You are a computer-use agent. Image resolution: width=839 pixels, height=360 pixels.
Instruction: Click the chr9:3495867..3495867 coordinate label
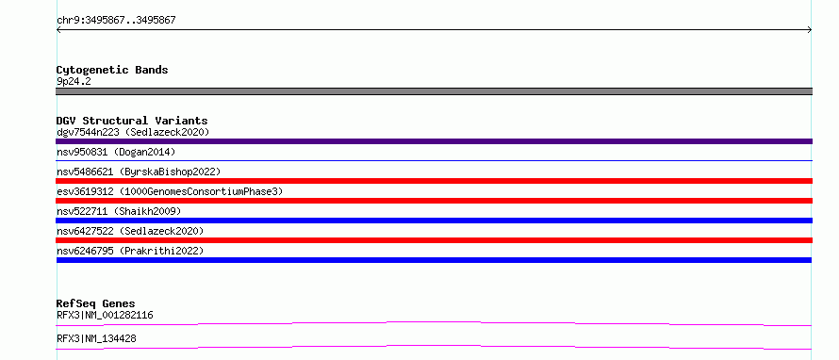116,21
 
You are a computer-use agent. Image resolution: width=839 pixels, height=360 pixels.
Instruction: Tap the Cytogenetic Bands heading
112,70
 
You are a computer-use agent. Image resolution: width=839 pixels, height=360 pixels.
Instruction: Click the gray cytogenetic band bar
434,91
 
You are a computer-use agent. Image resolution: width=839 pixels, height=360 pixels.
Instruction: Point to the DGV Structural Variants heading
132,121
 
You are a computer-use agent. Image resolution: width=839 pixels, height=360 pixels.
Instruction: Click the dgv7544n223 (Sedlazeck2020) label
133,132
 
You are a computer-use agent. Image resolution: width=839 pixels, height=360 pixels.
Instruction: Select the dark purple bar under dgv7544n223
434,141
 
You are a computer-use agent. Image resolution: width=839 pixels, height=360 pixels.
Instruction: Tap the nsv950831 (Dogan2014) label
116,153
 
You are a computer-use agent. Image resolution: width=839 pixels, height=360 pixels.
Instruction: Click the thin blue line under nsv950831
434,160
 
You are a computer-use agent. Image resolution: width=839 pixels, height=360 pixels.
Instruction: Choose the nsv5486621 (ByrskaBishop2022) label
139,172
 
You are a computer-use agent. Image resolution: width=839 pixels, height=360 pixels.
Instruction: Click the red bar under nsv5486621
434,181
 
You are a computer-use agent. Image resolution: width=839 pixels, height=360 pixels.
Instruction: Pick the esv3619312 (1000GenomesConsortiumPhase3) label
170,191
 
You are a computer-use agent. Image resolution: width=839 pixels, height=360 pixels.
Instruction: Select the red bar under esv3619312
434,201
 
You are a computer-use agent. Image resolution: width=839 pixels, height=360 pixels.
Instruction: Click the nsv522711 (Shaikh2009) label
119,211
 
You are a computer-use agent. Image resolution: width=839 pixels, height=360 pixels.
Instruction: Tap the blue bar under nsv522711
434,221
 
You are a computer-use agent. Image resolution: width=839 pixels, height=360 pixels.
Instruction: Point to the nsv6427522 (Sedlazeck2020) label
130,231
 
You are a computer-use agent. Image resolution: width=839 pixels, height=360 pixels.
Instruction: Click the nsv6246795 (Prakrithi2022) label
130,251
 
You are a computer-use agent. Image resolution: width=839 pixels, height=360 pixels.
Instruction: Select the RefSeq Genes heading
96,303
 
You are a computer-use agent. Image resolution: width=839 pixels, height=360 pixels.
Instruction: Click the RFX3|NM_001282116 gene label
105,315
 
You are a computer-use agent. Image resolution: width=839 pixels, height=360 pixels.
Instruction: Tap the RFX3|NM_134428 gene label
96,338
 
